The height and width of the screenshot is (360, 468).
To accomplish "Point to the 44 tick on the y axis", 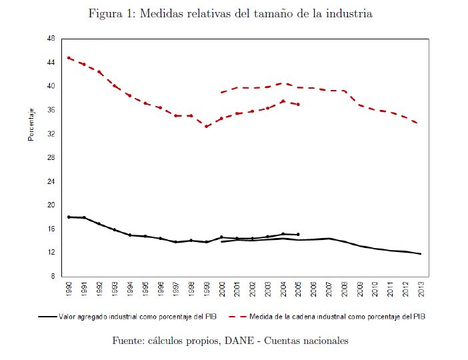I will click(x=51, y=63).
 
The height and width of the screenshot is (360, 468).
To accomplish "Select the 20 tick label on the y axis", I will click(x=51, y=205).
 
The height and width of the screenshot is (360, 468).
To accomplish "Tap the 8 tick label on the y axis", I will click(x=52, y=276).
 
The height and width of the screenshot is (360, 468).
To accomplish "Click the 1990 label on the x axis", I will click(x=69, y=289).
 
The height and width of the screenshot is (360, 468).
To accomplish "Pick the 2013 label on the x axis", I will click(x=421, y=289).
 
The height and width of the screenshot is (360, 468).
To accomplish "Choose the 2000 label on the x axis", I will click(x=222, y=289).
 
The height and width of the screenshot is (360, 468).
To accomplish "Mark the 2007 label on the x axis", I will click(x=329, y=289).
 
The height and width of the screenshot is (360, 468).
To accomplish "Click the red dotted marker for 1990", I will click(x=69, y=58).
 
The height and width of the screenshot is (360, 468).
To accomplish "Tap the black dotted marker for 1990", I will click(x=69, y=217).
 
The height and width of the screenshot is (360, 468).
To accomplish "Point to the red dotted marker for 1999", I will click(x=207, y=126).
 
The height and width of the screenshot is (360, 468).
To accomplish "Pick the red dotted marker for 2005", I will click(x=298, y=105).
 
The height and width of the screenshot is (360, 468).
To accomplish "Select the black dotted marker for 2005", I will click(x=298, y=235).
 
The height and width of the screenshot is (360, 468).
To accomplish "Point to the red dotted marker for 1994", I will click(x=130, y=95).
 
